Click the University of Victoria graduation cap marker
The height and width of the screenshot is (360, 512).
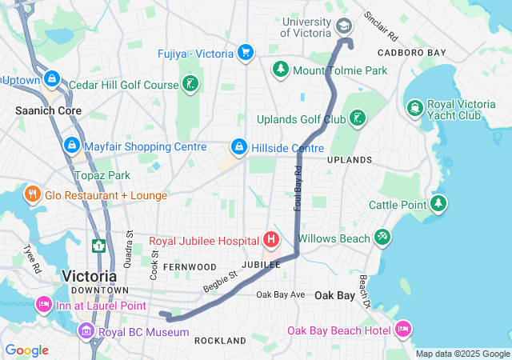click(x=344, y=26)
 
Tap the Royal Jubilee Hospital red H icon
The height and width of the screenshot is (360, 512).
click(x=271, y=239)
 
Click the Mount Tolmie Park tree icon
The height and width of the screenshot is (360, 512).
click(x=280, y=70)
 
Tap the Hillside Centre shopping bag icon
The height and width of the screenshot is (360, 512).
click(x=238, y=147)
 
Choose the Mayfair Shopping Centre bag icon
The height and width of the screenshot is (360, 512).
click(x=71, y=146)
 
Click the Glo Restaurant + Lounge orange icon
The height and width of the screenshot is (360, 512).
click(x=33, y=194)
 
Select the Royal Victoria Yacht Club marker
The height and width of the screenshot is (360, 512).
click(x=415, y=107)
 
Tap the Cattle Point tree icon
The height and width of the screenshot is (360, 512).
click(x=438, y=204)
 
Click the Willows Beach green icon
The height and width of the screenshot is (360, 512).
click(x=383, y=238)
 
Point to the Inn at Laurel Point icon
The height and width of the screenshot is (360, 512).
click(x=43, y=305)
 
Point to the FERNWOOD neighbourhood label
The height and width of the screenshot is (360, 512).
click(x=189, y=266)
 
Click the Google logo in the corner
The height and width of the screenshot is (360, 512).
click(x=26, y=350)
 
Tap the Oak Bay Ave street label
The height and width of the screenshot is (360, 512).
click(x=280, y=295)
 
